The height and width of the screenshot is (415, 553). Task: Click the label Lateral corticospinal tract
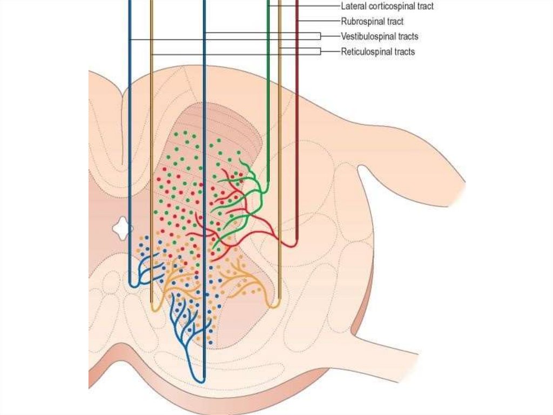[x=387, y=6]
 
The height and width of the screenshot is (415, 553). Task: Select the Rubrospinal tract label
[x=372, y=22]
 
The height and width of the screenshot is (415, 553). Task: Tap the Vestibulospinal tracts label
[x=380, y=37]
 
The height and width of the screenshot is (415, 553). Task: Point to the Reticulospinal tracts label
[x=378, y=52]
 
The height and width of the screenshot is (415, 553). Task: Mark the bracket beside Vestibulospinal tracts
[x=320, y=36]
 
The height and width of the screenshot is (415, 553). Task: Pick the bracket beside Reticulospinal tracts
[x=320, y=51]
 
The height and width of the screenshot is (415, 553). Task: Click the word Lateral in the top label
[x=353, y=6]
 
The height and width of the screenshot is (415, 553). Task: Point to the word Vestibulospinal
[x=367, y=37]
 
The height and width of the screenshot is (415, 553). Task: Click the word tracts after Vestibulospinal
[x=407, y=37]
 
